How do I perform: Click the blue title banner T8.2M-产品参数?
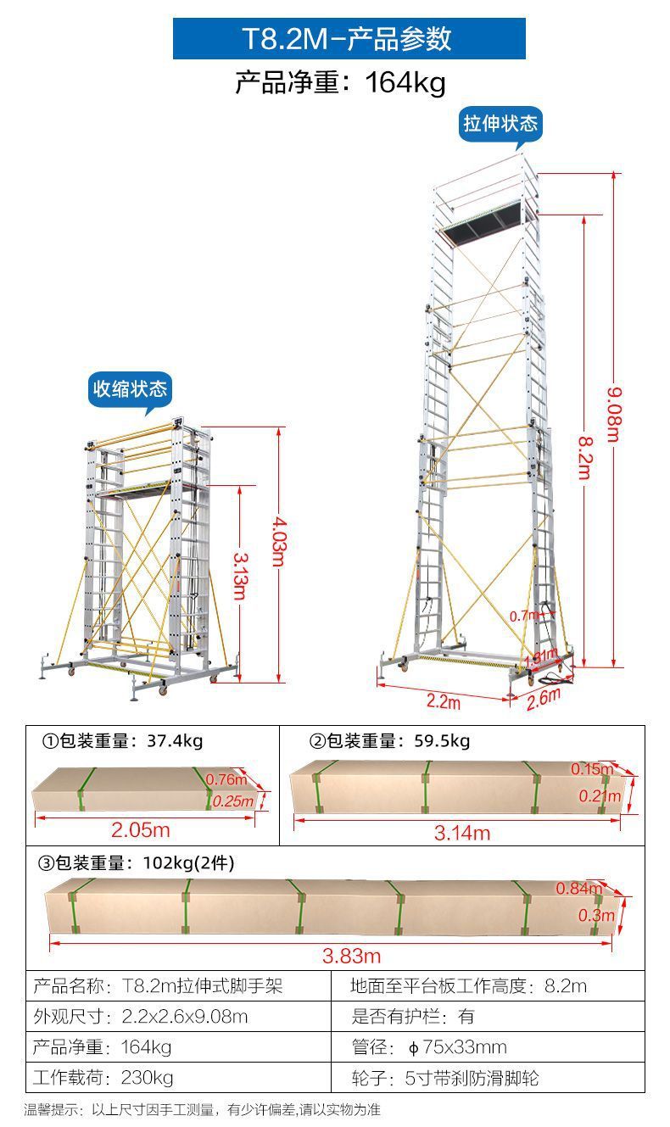click(x=349, y=39)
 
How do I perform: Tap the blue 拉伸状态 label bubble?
click(x=500, y=124)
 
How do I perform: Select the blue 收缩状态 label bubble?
click(x=131, y=389)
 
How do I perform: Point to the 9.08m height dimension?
click(x=613, y=415)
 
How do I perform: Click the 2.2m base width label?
click(x=443, y=702)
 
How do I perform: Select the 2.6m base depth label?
click(x=544, y=697)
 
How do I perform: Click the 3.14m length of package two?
click(x=462, y=834)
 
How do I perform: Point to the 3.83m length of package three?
click(x=351, y=956)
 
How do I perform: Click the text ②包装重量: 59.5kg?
click(x=389, y=741)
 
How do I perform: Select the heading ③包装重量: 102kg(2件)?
click(x=137, y=863)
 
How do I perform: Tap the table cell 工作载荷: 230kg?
click(x=103, y=1078)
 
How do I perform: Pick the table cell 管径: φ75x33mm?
click(x=429, y=1047)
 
